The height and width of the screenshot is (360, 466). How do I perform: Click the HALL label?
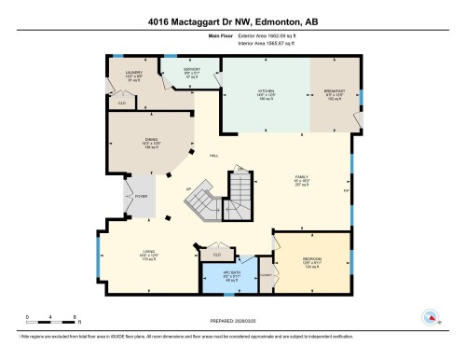[213, 156]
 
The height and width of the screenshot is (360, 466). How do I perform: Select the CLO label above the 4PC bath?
[217, 254]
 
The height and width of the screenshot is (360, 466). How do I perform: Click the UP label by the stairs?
[189, 190]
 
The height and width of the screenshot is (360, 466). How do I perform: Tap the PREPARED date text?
[232, 318]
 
